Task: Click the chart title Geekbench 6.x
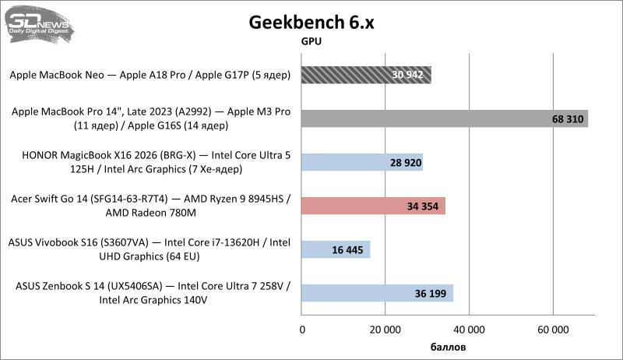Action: click(311, 22)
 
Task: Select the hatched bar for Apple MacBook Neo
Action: click(366, 76)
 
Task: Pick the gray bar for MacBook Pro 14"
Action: click(444, 118)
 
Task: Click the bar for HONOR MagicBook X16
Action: click(362, 162)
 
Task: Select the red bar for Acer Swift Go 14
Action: click(373, 206)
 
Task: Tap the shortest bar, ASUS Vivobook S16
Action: click(336, 249)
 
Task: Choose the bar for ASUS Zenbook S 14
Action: click(377, 293)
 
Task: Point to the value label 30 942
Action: click(407, 76)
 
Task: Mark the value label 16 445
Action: click(347, 250)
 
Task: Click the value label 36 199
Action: click(430, 294)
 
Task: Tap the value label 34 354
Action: click(422, 206)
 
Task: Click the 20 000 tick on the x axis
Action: click(385, 329)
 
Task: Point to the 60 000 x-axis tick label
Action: click(553, 329)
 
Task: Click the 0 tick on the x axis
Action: click(302, 329)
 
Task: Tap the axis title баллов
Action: click(448, 345)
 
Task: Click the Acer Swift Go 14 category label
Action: click(151, 206)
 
